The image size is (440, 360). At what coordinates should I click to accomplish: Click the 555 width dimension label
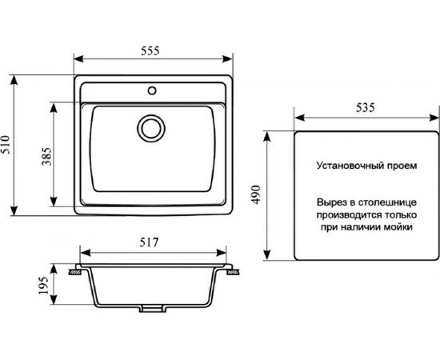[x=150, y=50]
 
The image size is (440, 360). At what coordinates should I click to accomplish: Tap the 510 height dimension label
[x=6, y=145]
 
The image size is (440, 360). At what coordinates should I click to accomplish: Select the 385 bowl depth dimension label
[x=46, y=156]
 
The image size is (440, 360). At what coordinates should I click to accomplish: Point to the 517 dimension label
[x=150, y=242]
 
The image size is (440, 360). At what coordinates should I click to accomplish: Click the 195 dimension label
[x=43, y=286]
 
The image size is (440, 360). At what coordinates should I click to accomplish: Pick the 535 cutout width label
[x=366, y=108]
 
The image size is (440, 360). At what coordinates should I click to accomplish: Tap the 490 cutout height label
[x=256, y=194]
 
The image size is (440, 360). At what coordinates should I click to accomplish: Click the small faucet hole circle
[x=152, y=90]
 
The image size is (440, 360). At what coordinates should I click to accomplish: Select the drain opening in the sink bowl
[x=151, y=129]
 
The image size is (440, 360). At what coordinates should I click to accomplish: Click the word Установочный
[x=350, y=166]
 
